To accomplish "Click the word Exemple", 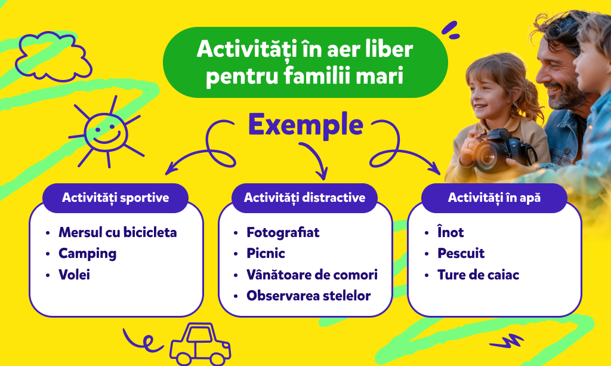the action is tap(305, 124).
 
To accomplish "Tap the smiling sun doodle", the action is tap(106, 133).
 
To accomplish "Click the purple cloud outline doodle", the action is tap(53, 57).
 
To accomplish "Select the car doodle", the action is tap(200, 344).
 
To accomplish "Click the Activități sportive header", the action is tap(115, 198).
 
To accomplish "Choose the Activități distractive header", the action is tap(305, 198).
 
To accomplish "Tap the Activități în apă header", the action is tap(494, 198).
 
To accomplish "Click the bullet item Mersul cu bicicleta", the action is tap(118, 232).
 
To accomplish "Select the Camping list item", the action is tap(87, 254).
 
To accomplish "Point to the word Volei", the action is tap(74, 275).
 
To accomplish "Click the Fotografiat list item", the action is tap(283, 232).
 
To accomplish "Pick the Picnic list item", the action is tap(266, 253).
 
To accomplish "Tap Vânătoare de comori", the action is tap(312, 275).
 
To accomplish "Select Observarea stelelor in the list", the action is tap(308, 296).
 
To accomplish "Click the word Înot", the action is tap(450, 232).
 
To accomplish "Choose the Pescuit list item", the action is tap(461, 253).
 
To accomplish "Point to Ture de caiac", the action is tap(478, 275).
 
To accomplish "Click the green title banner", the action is tap(305, 62).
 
